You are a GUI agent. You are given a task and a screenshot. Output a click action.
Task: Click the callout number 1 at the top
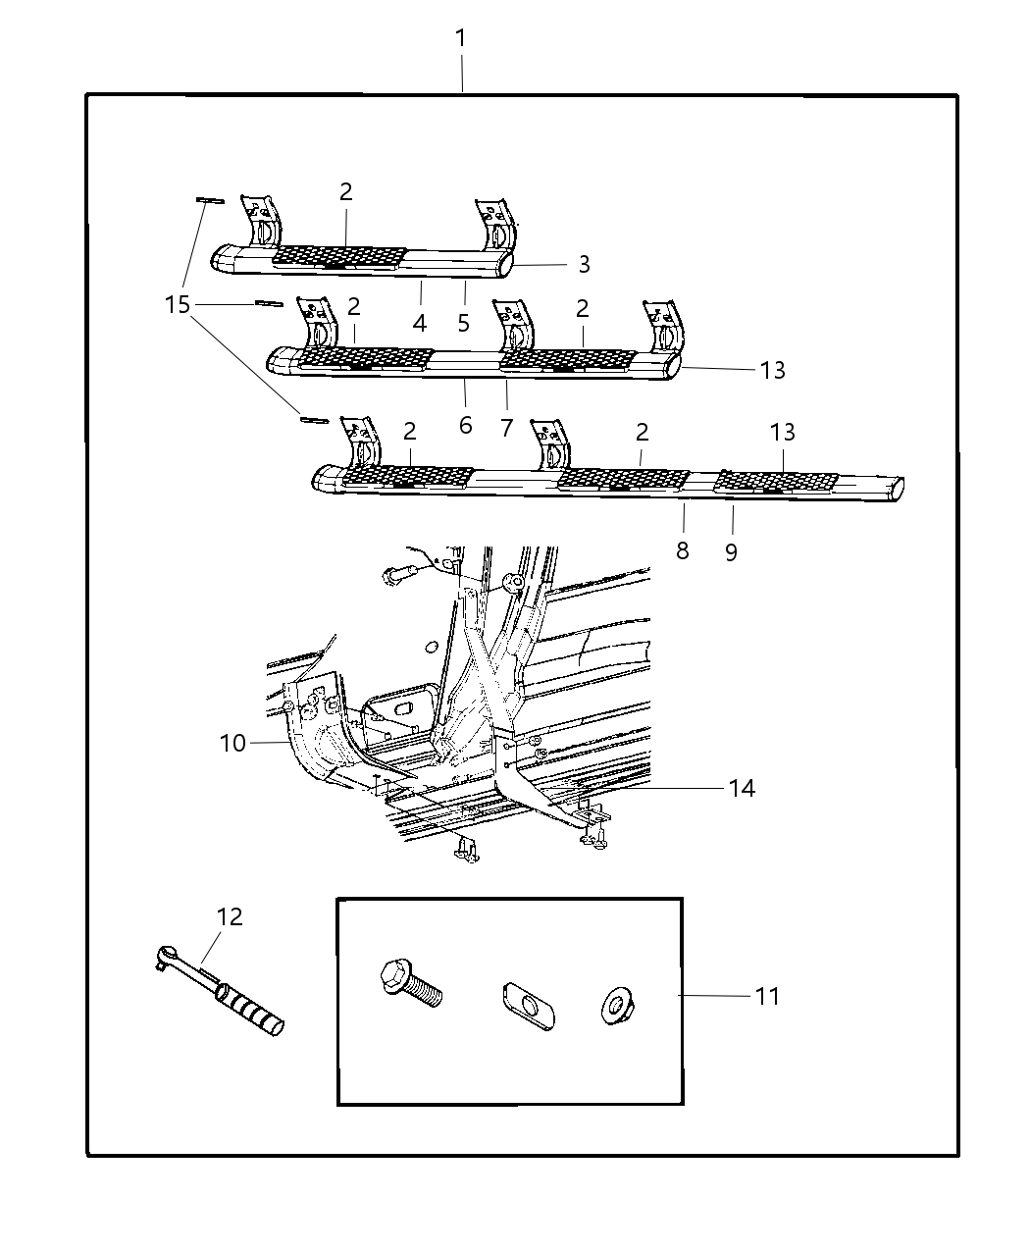460,39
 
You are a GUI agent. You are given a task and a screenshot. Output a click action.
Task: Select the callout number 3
584,264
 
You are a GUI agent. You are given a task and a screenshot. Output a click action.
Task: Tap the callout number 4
420,323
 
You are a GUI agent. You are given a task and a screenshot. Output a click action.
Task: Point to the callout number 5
464,323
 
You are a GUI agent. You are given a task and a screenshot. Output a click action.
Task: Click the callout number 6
465,425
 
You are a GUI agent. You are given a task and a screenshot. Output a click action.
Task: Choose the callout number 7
506,428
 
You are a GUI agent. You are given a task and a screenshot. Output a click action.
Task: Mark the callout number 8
683,550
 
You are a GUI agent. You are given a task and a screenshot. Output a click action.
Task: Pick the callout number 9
731,552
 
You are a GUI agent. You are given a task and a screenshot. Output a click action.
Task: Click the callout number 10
232,743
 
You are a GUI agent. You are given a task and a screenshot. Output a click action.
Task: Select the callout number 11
767,996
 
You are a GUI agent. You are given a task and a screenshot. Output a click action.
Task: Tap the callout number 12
230,916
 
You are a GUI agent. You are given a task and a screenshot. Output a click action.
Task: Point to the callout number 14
742,788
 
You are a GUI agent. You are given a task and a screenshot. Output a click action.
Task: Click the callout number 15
178,305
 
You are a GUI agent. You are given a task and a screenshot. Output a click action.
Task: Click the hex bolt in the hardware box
410,983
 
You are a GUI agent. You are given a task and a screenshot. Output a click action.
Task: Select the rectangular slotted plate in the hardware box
524,1004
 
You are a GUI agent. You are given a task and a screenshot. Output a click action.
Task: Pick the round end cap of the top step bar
506,265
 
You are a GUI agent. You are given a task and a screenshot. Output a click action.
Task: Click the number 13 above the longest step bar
782,432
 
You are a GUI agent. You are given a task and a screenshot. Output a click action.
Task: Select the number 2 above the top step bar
346,191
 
